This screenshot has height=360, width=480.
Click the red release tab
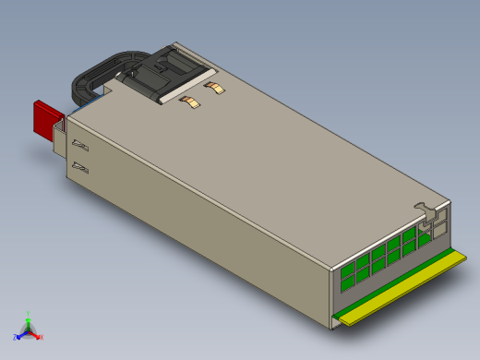(x=45, y=118)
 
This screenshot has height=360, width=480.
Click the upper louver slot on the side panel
(x=81, y=146)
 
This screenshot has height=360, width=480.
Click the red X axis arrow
(x=36, y=334)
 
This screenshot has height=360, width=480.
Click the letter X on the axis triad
(x=42, y=337)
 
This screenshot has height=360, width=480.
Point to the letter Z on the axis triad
(x=16, y=337)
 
